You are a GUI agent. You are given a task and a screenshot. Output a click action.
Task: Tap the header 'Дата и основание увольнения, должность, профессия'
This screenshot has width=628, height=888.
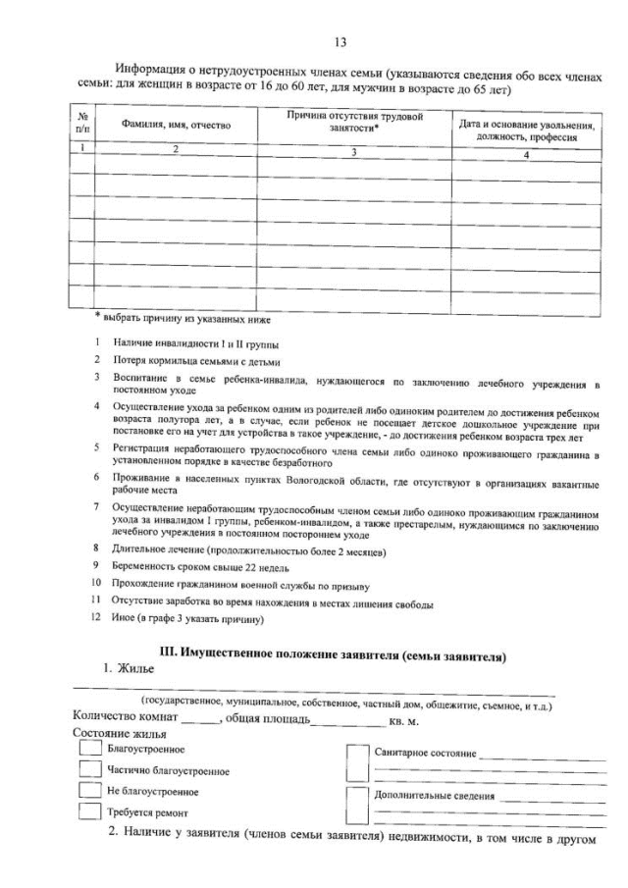point(527,129)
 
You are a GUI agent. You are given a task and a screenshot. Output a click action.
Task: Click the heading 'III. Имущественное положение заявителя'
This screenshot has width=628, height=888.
point(332,655)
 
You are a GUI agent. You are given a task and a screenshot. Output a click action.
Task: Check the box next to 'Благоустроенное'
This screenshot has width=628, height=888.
point(90,750)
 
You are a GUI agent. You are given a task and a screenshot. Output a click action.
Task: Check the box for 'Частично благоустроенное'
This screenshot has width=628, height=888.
point(90,770)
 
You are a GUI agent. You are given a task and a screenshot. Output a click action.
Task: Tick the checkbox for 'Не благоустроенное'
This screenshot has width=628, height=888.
point(90,791)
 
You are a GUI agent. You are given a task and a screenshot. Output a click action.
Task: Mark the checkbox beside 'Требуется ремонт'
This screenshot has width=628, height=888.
point(90,811)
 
